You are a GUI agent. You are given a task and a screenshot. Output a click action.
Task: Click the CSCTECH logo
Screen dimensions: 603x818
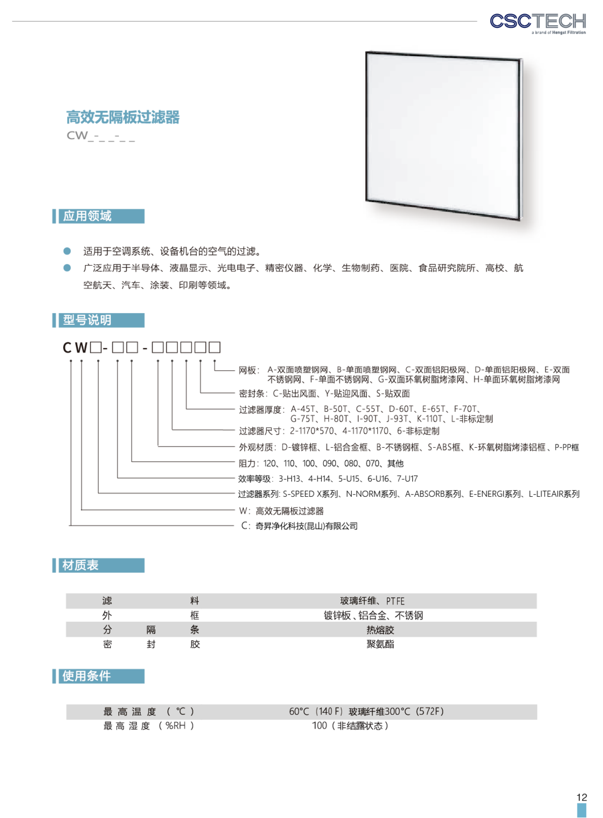(538, 23)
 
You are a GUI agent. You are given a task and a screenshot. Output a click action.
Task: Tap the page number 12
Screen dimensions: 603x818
(582, 797)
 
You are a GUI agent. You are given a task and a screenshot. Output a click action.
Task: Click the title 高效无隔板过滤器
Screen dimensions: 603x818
(123, 117)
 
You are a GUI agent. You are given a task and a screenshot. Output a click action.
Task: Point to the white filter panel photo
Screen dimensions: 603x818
(444, 136)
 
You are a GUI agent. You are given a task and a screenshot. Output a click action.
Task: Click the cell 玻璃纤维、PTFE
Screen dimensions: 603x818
(372, 601)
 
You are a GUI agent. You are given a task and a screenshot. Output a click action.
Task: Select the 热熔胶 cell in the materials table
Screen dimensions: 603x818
(381, 630)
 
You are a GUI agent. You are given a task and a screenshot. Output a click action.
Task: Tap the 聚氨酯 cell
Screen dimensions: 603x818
(381, 644)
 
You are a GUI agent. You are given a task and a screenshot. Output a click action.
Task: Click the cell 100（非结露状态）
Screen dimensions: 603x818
(351, 726)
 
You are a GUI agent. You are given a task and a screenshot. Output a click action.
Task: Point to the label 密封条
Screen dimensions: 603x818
(251, 394)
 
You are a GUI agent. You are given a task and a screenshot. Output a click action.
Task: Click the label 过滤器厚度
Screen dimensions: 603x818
(260, 410)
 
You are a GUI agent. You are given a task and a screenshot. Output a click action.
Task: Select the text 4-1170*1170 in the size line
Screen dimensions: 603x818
(365, 431)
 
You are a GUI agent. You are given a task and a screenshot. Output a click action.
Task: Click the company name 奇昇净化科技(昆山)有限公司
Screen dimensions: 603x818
(306, 526)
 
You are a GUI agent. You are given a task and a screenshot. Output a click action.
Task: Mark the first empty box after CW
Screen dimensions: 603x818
(95, 347)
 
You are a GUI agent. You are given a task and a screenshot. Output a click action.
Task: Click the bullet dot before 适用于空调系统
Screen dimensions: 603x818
(67, 251)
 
